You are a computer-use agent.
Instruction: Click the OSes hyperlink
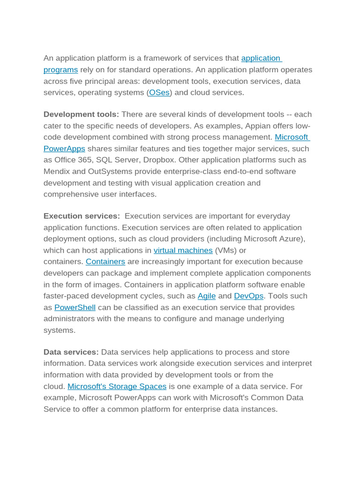pyautogui.click(x=159, y=93)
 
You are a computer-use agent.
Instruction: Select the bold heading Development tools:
pyautogui.click(x=81, y=114)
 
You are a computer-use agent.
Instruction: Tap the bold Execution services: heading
pyautogui.click(x=82, y=216)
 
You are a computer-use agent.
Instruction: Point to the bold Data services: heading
pyautogui.click(x=71, y=352)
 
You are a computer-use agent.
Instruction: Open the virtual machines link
pyautogui.click(x=183, y=250)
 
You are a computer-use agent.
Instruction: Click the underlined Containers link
pyautogui.click(x=105, y=262)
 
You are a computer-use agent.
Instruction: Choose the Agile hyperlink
pyautogui.click(x=207, y=296)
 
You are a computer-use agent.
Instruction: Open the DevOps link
pyautogui.click(x=248, y=296)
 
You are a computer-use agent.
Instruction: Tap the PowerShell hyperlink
pyautogui.click(x=75, y=307)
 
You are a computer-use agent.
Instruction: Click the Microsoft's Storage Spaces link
pyautogui.click(x=117, y=386)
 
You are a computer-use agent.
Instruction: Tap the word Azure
pyautogui.click(x=292, y=239)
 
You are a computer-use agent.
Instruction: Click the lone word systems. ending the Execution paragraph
pyautogui.click(x=60, y=330)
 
